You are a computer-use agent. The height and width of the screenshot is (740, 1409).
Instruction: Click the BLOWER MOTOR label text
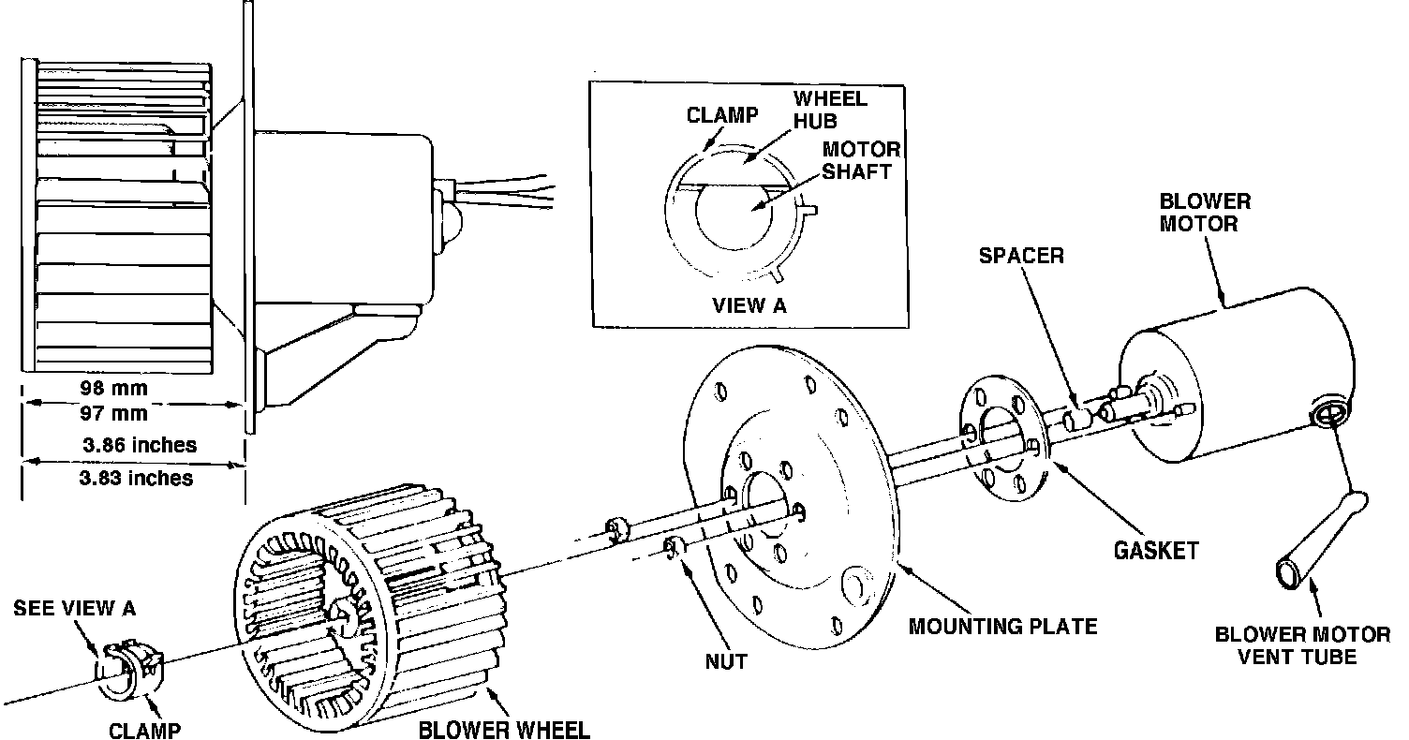1205,213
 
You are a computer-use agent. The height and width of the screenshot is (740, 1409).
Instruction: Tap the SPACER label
1021,256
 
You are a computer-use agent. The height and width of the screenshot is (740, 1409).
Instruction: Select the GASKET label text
1155,551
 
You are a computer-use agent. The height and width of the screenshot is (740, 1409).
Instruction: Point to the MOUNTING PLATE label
1002,625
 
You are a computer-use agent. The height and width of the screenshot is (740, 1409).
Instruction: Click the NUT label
726,661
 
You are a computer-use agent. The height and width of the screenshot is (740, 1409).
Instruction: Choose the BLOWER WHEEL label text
504,730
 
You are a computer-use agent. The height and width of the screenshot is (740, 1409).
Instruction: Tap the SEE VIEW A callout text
74,608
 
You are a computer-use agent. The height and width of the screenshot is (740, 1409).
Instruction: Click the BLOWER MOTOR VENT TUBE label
1302,645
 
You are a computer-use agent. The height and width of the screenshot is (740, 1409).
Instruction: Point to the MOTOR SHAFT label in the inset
860,161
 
